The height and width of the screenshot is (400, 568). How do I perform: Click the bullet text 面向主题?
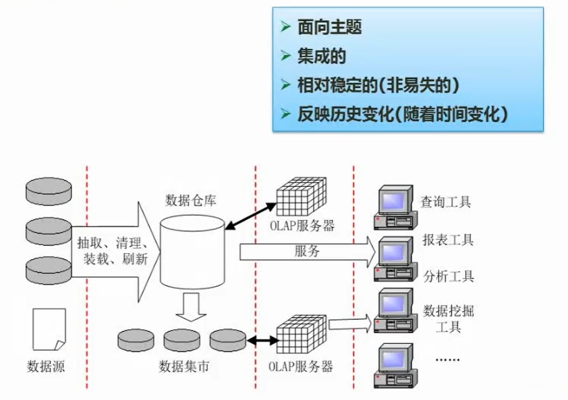click(329, 28)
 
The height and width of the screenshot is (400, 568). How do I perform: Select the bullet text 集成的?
click(321, 56)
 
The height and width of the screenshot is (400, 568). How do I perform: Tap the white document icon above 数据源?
click(49, 329)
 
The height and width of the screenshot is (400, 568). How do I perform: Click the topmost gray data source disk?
click(48, 191)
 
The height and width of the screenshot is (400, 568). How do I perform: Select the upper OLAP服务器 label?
click(301, 226)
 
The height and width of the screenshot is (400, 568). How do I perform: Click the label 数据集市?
click(184, 366)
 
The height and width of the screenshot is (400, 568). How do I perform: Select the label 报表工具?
click(448, 240)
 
